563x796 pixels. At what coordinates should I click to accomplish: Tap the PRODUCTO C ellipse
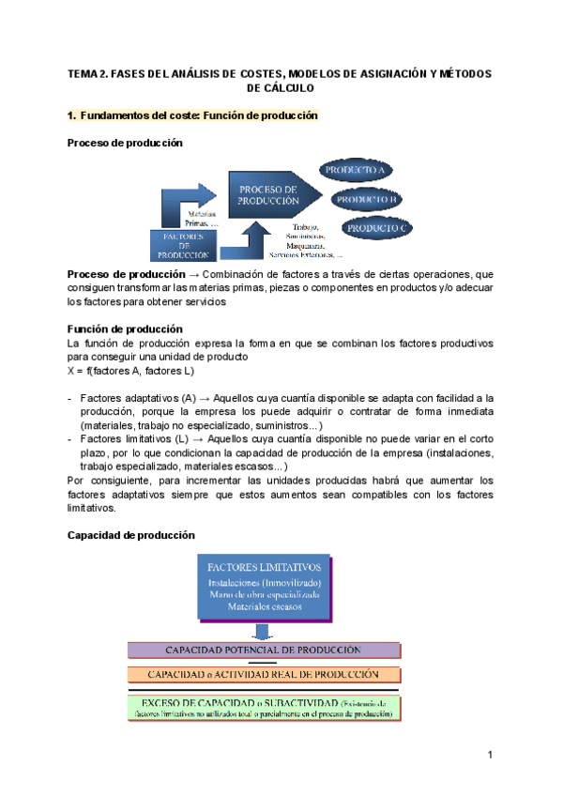(x=377, y=228)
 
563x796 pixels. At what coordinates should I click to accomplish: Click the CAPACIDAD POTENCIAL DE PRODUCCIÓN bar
(x=264, y=650)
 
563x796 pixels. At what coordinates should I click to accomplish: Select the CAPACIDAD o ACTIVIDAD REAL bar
(x=264, y=675)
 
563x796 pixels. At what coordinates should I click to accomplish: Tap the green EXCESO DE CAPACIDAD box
(x=264, y=707)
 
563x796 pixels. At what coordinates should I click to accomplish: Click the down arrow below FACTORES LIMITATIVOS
(x=264, y=630)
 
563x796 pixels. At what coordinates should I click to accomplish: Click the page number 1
(x=490, y=756)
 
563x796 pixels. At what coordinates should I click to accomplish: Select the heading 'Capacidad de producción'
(x=131, y=535)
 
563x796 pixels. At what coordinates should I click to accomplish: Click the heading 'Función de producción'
(x=125, y=329)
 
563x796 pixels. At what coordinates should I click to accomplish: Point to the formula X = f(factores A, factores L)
(x=130, y=371)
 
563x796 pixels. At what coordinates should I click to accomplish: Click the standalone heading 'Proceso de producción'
(x=125, y=143)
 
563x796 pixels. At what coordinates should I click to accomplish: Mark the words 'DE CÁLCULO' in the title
(x=280, y=87)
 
